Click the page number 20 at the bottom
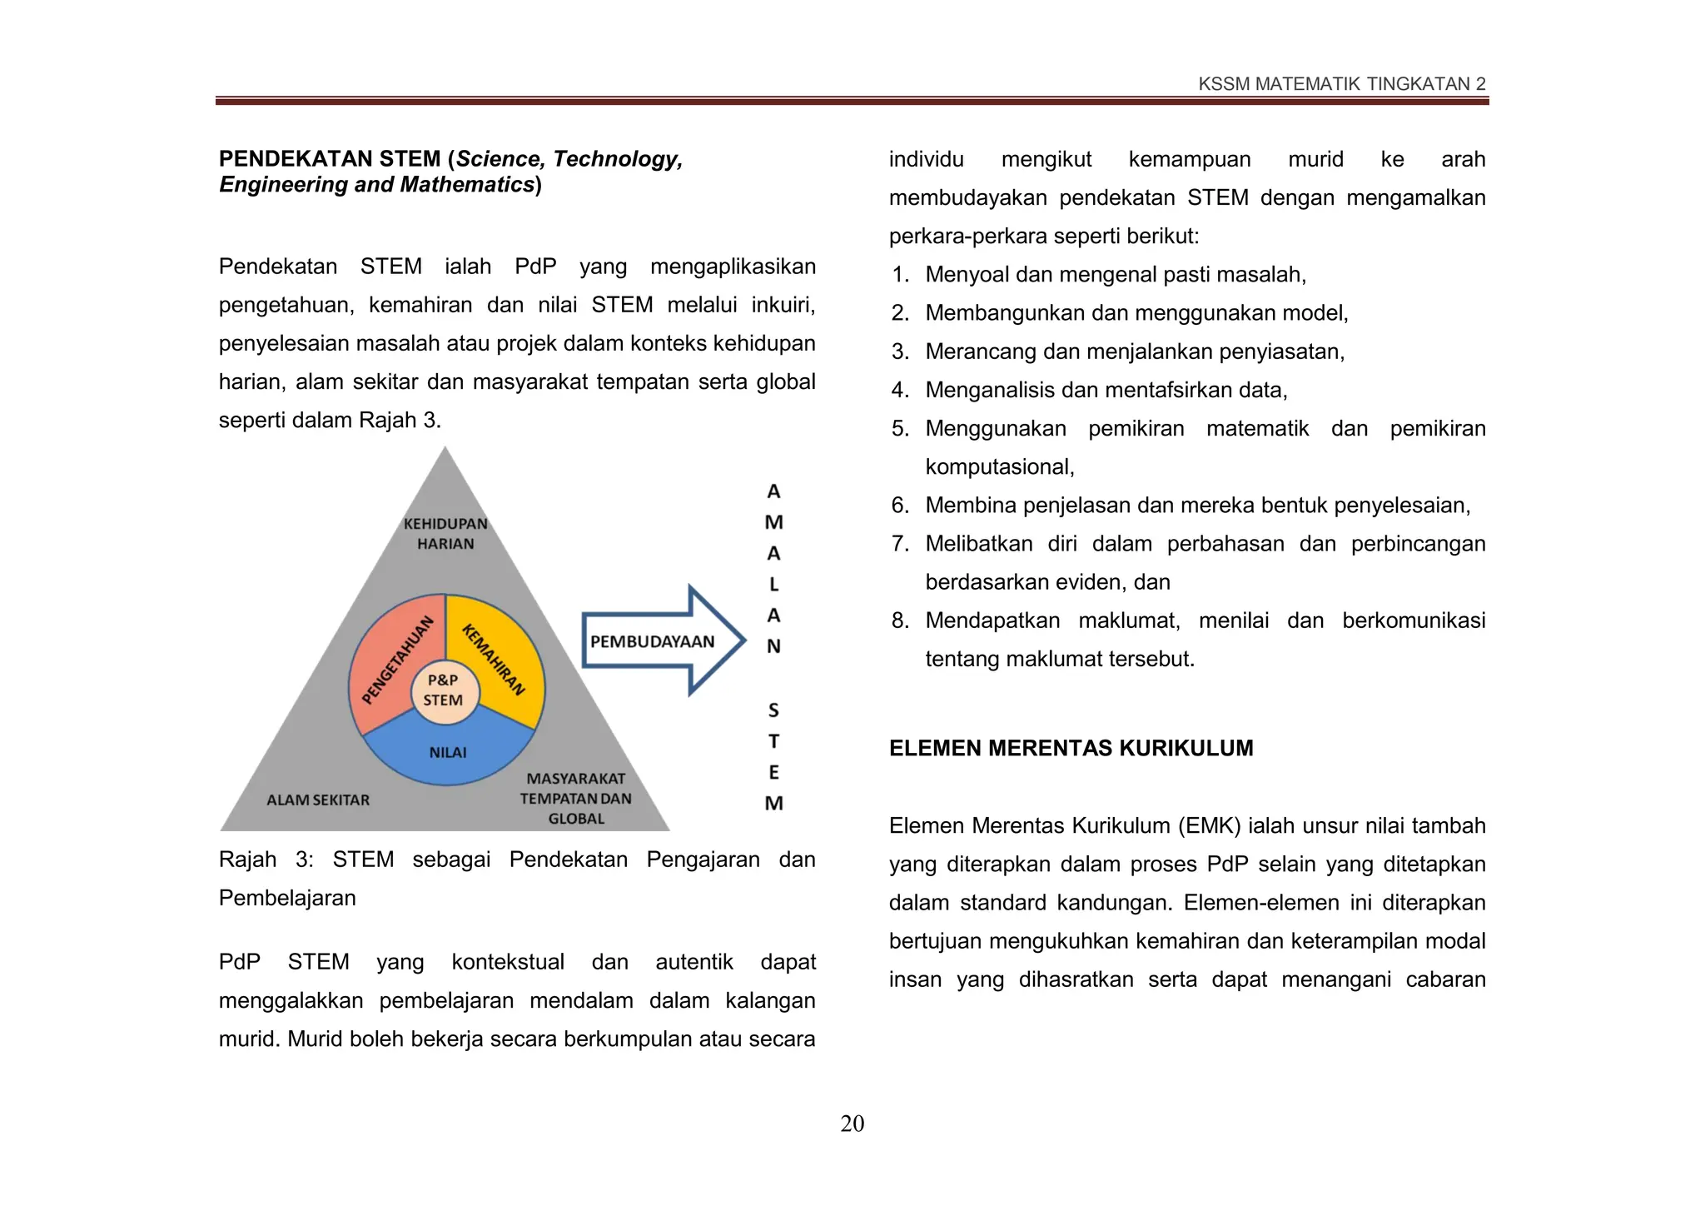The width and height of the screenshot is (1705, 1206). coord(852,1124)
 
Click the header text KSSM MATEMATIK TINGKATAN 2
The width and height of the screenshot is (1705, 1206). coord(1341,84)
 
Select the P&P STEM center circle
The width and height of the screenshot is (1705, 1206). coord(444,690)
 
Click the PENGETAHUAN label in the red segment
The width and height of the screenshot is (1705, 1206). coord(399,660)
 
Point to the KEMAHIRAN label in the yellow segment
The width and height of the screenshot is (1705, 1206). coord(495,659)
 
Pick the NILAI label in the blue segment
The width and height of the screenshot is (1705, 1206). coord(448,752)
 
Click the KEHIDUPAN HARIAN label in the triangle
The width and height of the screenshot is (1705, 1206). coord(445,534)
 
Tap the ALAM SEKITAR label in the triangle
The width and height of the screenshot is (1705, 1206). coord(318,800)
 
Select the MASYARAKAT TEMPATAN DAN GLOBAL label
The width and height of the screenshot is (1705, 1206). coord(576,798)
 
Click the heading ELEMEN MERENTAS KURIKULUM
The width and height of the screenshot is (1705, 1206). coord(1071,748)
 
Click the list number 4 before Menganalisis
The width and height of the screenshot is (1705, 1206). coord(899,390)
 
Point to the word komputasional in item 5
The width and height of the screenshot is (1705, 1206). coord(998,466)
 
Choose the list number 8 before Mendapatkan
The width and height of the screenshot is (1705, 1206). coord(899,620)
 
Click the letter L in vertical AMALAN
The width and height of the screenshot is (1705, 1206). coord(773,584)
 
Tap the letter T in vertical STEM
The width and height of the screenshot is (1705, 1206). coord(773,741)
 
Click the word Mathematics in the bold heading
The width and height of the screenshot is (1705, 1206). coord(466,184)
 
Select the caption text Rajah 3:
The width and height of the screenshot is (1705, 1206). coord(265,860)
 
